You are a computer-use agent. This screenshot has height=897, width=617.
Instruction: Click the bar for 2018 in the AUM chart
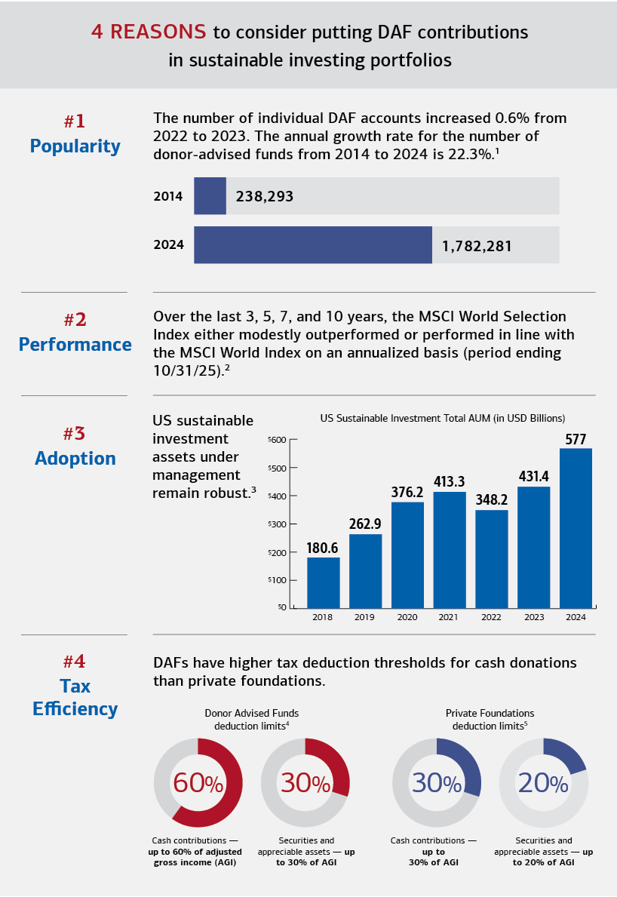(x=323, y=582)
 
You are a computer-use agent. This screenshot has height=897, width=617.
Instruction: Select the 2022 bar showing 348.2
(x=491, y=558)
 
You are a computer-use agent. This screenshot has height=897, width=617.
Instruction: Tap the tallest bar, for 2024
(x=576, y=528)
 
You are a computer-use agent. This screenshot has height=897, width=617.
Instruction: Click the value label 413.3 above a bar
(x=449, y=481)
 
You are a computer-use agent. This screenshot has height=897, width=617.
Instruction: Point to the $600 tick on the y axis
(x=278, y=440)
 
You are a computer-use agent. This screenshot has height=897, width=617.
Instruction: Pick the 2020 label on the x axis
(x=407, y=617)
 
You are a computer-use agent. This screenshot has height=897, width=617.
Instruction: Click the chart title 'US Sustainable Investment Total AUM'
(x=442, y=418)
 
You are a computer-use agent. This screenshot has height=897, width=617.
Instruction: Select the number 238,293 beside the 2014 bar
(x=264, y=197)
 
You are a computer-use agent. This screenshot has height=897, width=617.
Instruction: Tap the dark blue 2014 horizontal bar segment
(x=210, y=196)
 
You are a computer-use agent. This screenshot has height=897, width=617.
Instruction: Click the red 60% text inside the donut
(x=198, y=783)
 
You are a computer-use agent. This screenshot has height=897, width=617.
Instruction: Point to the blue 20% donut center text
(x=543, y=783)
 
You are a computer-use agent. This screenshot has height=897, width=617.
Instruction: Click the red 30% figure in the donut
(x=305, y=783)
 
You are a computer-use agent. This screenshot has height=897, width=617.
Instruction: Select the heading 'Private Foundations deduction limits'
(x=490, y=719)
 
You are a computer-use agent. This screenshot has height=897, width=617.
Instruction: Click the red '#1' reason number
(x=75, y=121)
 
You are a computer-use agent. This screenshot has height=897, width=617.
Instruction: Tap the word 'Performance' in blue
(x=75, y=345)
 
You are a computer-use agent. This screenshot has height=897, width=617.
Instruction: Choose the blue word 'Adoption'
(x=75, y=458)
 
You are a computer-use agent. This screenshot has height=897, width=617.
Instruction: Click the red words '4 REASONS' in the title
(x=149, y=32)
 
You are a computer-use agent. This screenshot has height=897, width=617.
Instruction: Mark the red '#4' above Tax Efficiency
(x=75, y=662)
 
